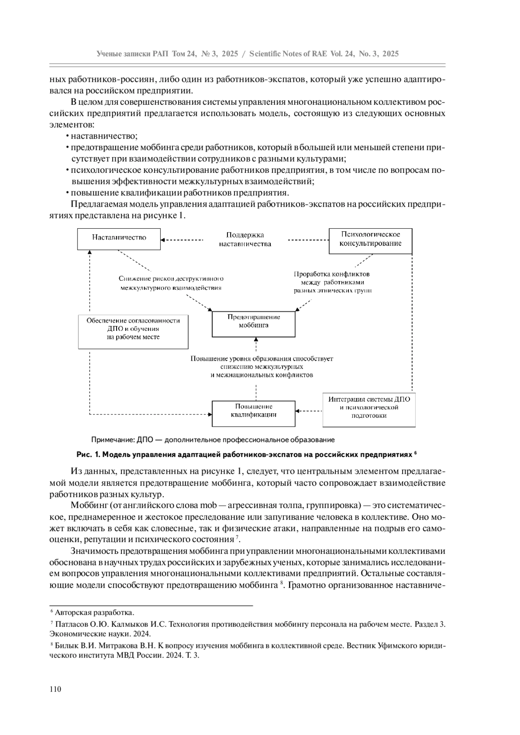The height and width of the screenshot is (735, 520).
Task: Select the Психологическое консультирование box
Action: [x=370, y=239]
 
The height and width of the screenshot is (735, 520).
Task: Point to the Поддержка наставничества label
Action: [x=245, y=240]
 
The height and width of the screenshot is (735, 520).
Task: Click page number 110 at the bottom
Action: [x=56, y=689]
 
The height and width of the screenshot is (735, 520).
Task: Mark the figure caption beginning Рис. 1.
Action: [x=245, y=455]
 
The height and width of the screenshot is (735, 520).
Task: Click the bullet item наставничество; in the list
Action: [x=104, y=136]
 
